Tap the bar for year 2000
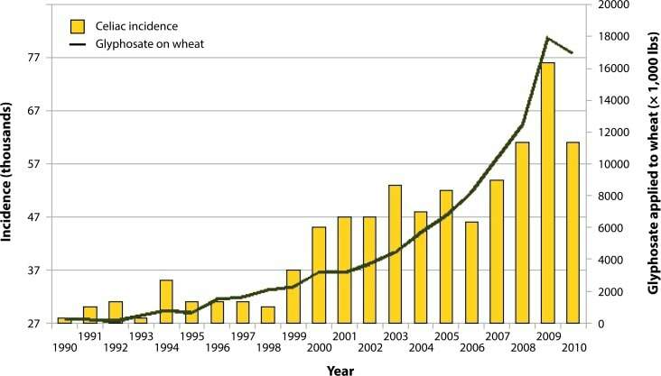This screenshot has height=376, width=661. pos(319,275)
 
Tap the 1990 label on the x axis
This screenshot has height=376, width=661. pos(63,347)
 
